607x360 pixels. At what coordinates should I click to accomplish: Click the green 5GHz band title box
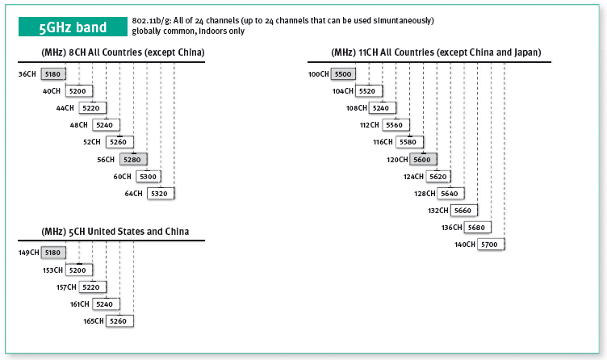coord(73,27)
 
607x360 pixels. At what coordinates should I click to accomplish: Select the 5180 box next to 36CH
coord(53,74)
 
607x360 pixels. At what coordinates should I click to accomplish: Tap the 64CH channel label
coord(133,193)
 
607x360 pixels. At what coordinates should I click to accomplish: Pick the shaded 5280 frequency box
coord(132,159)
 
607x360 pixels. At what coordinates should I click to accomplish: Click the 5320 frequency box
coord(161,193)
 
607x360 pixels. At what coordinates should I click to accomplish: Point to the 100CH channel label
coord(319,74)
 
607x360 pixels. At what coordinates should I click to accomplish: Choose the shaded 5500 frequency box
coord(343,74)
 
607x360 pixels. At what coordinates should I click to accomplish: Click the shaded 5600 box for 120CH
coord(423,159)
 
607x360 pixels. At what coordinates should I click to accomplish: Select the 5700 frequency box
coord(491,245)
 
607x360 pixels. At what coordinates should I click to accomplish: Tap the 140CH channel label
coord(465,245)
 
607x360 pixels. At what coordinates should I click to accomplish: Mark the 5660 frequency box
coord(463,210)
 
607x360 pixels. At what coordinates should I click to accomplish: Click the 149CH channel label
coord(28,253)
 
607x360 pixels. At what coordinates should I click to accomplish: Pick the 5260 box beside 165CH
coord(119,321)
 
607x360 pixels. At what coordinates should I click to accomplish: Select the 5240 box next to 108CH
coord(382,108)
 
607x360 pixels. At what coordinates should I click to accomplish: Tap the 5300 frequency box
coord(149,176)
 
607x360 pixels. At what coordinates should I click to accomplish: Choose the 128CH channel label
coord(425,193)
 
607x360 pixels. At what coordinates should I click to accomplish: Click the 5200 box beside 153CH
coord(79,270)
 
